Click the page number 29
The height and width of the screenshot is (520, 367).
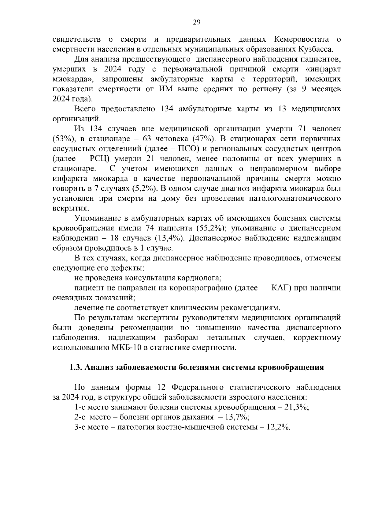196,22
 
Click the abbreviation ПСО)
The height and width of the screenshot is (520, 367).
189,149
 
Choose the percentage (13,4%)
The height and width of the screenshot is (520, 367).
169,238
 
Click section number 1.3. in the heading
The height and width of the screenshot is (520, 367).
76,367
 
